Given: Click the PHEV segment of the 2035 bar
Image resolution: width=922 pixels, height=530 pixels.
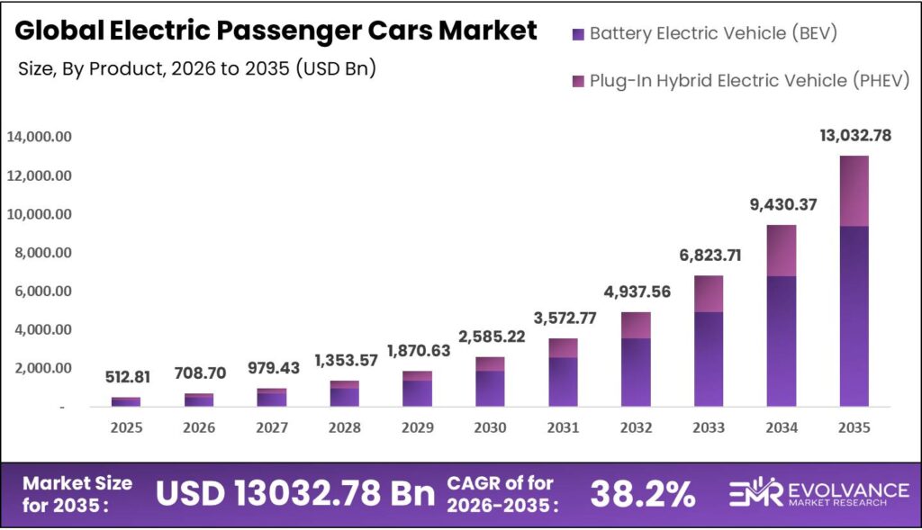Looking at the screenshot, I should click(x=854, y=191).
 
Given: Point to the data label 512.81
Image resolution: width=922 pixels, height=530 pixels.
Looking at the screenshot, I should click(x=126, y=377).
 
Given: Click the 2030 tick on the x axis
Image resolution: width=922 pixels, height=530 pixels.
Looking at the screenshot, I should click(x=490, y=428).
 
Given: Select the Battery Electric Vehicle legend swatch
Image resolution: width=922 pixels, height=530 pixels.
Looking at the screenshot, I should click(x=577, y=35).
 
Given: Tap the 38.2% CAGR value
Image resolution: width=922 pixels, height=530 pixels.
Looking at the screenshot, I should click(x=642, y=493).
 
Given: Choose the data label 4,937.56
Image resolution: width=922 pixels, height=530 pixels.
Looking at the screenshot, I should click(x=636, y=292).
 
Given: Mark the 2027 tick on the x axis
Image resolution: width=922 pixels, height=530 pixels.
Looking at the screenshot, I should click(x=271, y=428).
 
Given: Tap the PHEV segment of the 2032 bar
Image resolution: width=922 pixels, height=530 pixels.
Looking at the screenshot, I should click(x=636, y=325).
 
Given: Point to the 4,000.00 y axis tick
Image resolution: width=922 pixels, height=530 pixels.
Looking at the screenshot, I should click(x=41, y=329).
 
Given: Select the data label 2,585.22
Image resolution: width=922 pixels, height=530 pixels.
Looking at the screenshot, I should click(x=490, y=337).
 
